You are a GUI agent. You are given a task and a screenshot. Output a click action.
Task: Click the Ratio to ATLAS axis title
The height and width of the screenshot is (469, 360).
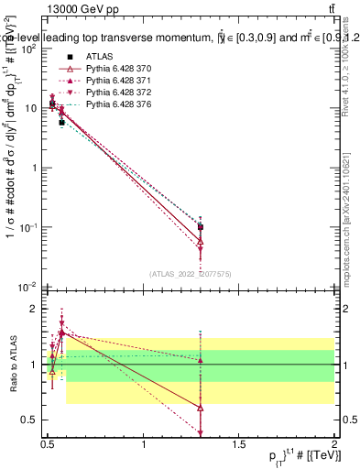(12, 365)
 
